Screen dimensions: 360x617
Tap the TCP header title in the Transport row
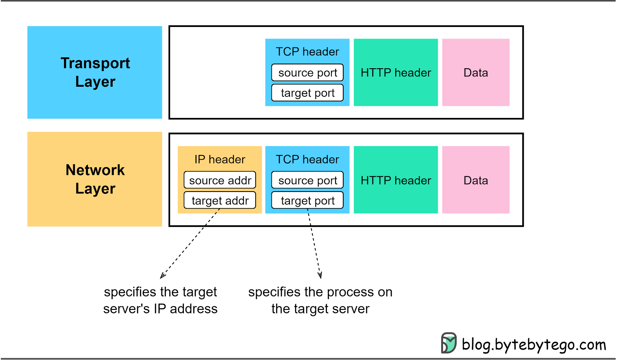[x=307, y=52]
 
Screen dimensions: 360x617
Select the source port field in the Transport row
[x=307, y=72]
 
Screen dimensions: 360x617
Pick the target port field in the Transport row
[x=307, y=93]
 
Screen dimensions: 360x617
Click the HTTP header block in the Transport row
[x=396, y=72]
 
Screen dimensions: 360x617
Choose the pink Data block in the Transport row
[x=475, y=72]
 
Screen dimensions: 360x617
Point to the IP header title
[x=220, y=159]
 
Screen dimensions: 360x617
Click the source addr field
[x=220, y=180]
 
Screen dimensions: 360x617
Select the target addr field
[x=220, y=200]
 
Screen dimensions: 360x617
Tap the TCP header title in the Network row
[x=307, y=159]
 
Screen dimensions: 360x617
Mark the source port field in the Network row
[x=307, y=180]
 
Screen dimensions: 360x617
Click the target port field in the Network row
[x=307, y=200]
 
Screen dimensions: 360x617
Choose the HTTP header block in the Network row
[x=396, y=180]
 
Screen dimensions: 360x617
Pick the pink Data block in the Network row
[x=475, y=180]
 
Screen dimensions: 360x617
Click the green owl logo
[x=449, y=343]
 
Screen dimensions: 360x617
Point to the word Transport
[x=95, y=63]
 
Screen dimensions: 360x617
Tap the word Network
[x=95, y=170]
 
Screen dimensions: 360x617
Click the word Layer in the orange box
[x=95, y=189]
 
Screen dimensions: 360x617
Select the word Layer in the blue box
[x=95, y=82]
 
